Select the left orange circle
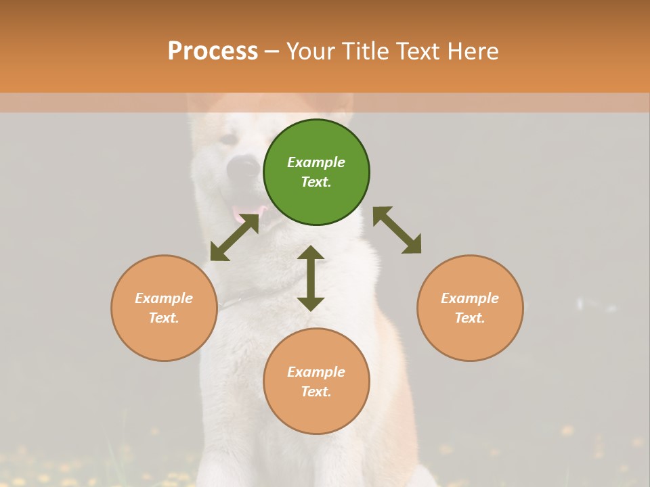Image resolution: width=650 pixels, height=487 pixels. point(164,308)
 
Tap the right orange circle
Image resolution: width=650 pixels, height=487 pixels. point(470,308)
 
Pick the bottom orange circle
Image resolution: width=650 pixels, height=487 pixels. point(316,381)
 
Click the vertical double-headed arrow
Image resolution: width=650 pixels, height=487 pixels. point(311,278)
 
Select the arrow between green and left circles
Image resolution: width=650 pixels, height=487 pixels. point(234,237)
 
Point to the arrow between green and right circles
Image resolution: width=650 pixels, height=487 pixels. point(397,230)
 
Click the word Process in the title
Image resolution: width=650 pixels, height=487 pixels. point(213,51)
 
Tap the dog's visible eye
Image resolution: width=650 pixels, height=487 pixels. point(229,139)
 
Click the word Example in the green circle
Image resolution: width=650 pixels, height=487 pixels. point(316,162)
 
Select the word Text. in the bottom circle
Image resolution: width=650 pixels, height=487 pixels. point(316,392)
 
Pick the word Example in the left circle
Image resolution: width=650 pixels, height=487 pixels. point(164,298)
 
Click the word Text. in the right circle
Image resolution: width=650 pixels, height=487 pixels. point(470,318)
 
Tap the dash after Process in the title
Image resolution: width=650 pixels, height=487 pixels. point(272,51)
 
